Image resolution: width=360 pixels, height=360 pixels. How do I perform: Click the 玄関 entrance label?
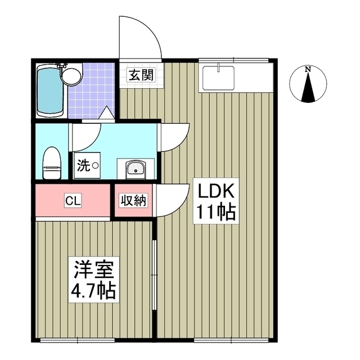[x=141, y=75]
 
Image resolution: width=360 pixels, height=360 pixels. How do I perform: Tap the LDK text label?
[x=214, y=192]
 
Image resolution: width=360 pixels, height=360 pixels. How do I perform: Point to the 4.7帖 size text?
[x=93, y=291]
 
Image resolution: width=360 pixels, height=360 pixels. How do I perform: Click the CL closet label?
[x=71, y=200]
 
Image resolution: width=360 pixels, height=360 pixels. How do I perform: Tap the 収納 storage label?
[x=134, y=200]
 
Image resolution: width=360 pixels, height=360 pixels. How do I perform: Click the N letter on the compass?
[x=307, y=70]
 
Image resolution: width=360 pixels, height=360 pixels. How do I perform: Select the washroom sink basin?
[x=135, y=169]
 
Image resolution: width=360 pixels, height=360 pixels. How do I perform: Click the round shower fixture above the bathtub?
[x=70, y=75]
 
